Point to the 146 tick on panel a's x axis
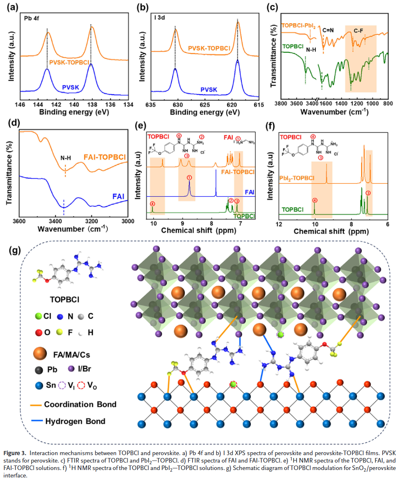(x=21, y=104)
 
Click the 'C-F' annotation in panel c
(x=360, y=31)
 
